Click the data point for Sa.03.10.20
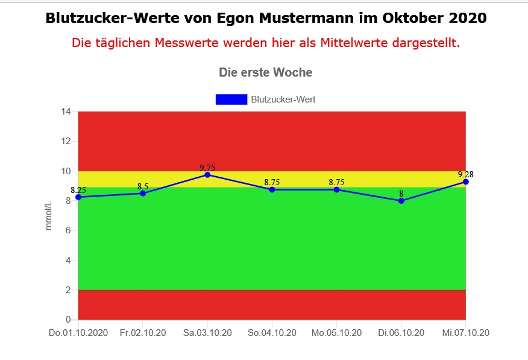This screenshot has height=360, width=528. pos(207,175)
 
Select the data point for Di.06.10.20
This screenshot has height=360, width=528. pos(401,201)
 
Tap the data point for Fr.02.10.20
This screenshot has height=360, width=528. pos(143,194)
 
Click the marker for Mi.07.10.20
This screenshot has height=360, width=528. pos(465,182)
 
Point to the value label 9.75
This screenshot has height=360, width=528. pos(207,168)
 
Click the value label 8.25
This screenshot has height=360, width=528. pos(78,191)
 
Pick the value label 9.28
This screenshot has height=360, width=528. pos(465,174)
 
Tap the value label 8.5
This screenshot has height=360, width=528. pos(143,186)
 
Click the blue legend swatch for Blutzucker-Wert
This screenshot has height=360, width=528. pos(231,99)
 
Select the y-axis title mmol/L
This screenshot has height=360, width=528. pos(49,215)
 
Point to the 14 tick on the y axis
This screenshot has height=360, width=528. pos(66,112)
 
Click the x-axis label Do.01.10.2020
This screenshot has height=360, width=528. pos(78,333)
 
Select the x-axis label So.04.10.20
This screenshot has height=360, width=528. pos(272,333)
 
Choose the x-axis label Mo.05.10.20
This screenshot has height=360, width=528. pos(336,333)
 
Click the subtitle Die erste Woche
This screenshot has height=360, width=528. pos(266,73)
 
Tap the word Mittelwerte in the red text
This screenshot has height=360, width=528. pos(355,43)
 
